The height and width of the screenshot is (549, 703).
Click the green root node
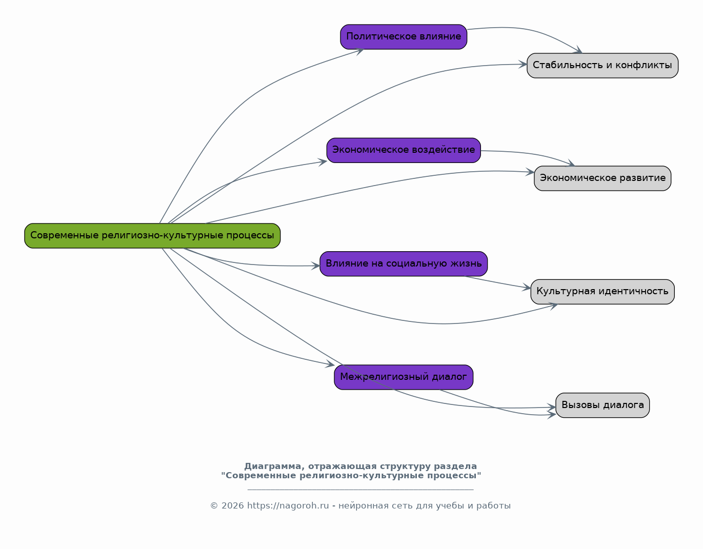152,236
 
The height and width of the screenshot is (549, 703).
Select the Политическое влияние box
404,37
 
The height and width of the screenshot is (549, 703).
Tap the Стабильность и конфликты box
602,66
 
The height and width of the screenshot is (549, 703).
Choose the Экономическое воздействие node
404,150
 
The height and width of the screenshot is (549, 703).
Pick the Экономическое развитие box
602,178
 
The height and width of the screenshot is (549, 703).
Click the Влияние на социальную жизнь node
404,264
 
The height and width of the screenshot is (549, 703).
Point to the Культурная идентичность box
602,292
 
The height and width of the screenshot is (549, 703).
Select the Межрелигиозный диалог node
404,377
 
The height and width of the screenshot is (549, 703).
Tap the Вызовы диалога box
602,405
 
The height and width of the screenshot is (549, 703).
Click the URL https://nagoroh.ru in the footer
288,505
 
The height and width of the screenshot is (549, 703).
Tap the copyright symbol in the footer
214,505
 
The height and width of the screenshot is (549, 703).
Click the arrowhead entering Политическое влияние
360,51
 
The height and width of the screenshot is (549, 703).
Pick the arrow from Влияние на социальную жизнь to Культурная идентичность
497,282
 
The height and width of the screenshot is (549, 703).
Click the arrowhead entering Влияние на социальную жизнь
315,266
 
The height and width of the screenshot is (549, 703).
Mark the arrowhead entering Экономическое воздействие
323,162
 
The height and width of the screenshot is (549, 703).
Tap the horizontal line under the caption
360,490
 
